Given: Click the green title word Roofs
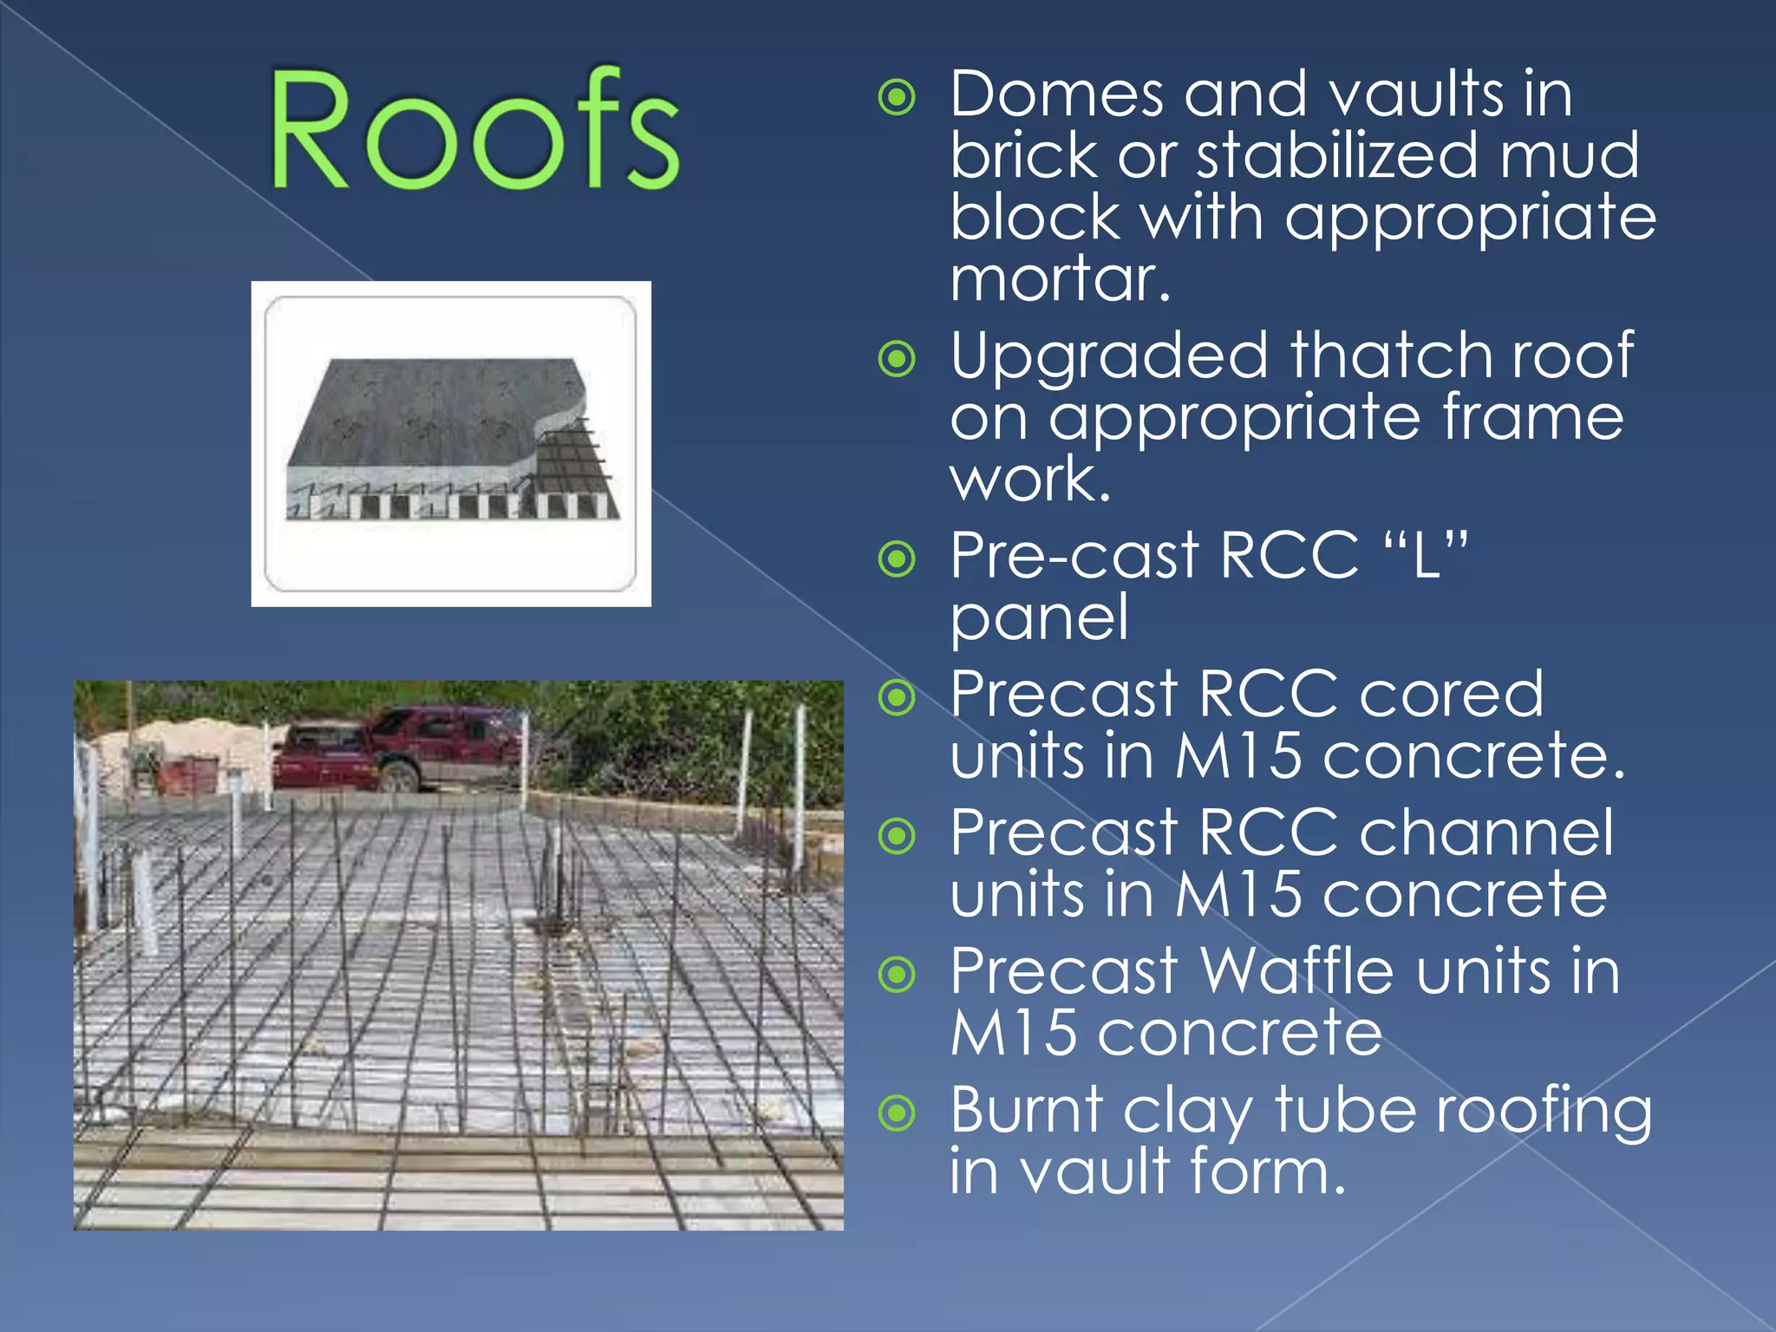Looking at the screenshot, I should coord(473,130).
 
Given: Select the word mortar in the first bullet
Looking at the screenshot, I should coord(1060,278).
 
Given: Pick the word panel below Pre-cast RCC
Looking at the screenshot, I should coord(1039,617).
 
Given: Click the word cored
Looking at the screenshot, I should coord(1451,695).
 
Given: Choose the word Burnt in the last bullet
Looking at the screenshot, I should coord(1027,1110).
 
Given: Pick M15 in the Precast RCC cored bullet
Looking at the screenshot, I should coord(1238,756).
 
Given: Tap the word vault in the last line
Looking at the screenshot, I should coord(1094,1172).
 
